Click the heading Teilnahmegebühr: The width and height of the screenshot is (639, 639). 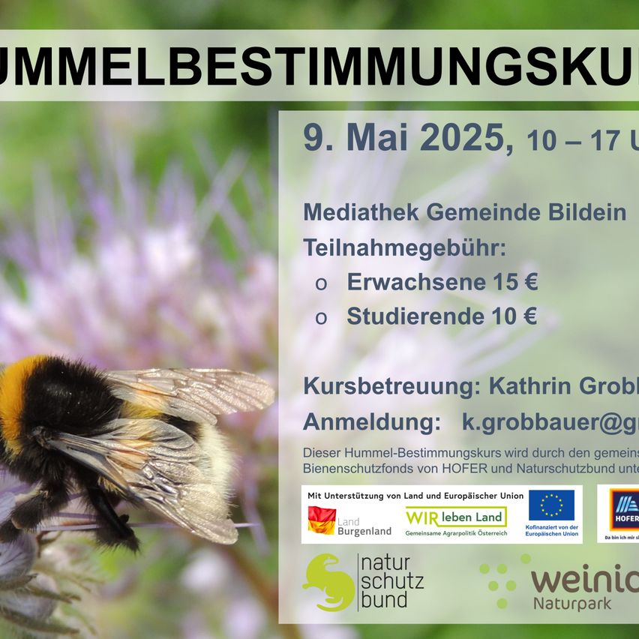coord(404,247)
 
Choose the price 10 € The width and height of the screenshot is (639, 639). coord(514,316)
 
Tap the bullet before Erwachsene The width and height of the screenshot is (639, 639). coord(321,283)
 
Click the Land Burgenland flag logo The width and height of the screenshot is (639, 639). coord(322,520)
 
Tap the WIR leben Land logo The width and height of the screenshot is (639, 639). coord(456,517)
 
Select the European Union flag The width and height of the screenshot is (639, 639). coord(551,505)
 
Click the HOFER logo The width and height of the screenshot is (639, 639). coord(622,511)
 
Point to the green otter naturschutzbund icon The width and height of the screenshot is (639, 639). coord(327,582)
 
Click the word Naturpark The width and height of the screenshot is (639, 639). coord(572,602)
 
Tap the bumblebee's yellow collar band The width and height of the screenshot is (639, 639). coord(15,397)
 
